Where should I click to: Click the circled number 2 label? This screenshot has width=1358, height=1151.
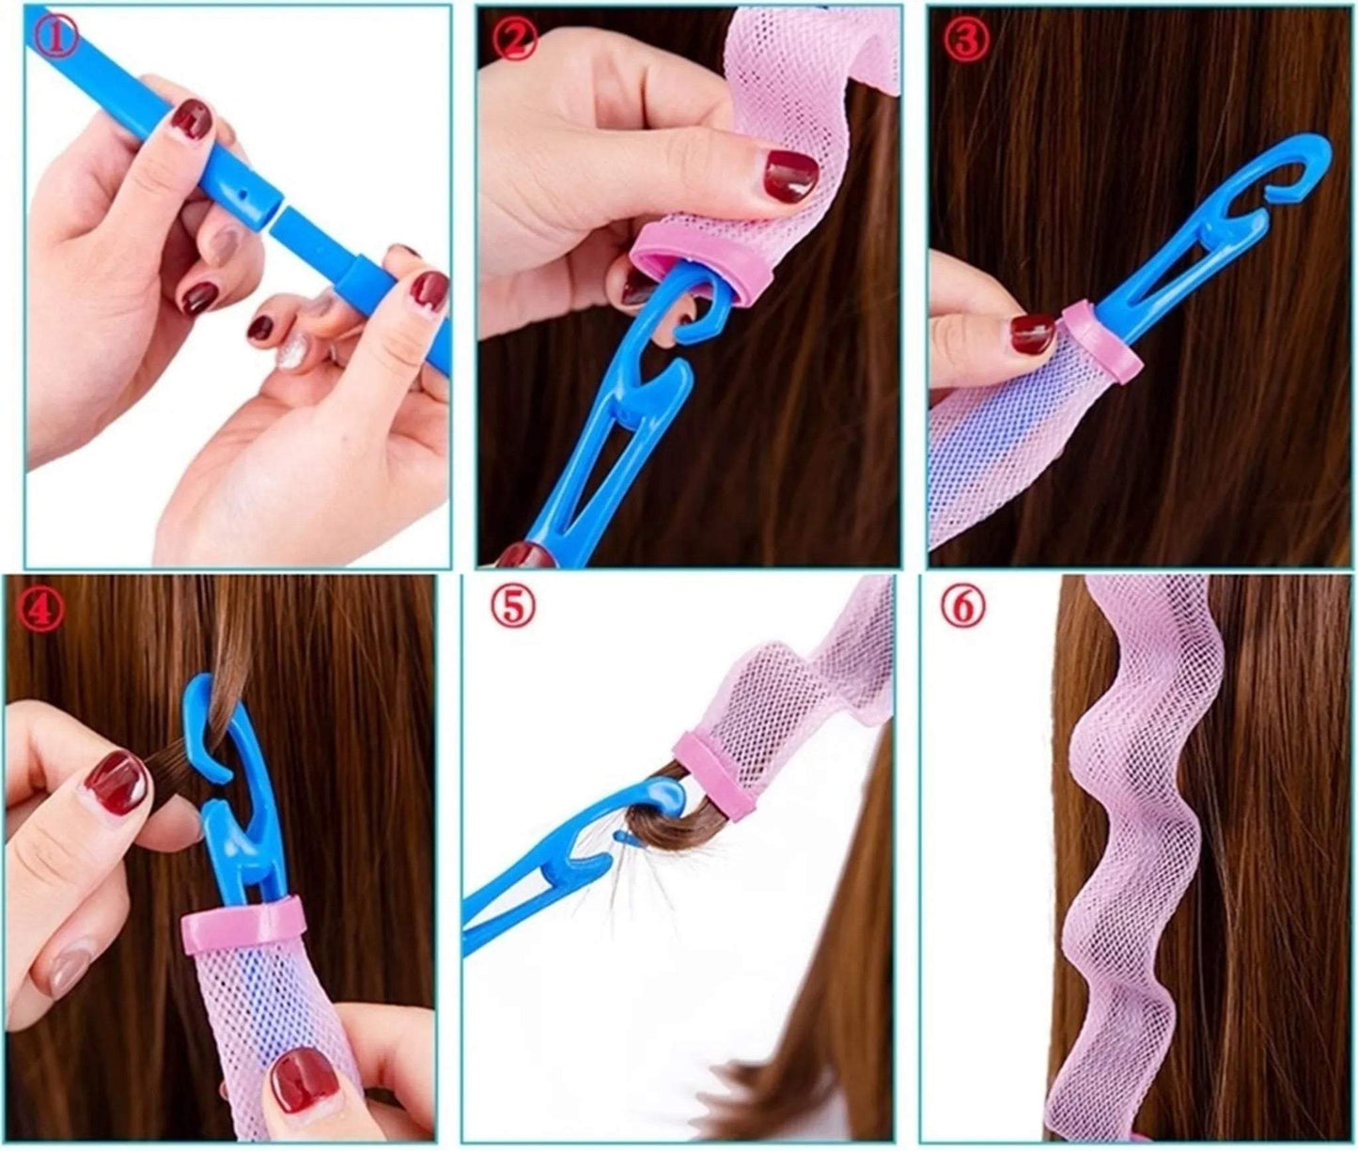coord(516,40)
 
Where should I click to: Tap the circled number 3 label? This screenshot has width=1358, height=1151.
coord(965,39)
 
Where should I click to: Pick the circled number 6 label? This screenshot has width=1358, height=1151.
coord(964,609)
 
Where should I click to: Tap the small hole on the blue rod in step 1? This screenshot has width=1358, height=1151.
coord(243,194)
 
